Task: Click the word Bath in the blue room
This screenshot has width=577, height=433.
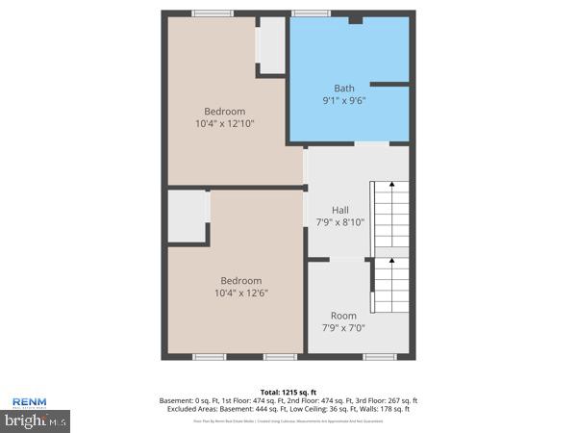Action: point(343,89)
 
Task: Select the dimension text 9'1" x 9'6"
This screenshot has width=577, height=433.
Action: point(343,100)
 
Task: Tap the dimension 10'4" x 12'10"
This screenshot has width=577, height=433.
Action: point(224,123)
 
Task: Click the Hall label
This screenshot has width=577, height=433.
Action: point(340,210)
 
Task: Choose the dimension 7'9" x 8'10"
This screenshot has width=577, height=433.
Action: point(340,222)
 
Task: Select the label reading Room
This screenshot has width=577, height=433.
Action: point(343,316)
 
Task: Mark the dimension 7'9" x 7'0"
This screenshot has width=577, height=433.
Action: point(343,328)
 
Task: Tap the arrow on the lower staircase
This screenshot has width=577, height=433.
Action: point(391,261)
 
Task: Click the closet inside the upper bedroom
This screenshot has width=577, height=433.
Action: point(272,45)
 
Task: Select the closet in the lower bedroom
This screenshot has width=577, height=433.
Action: point(188,216)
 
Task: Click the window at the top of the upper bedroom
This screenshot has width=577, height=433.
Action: point(212,13)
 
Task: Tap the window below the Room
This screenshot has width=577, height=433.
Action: point(379,357)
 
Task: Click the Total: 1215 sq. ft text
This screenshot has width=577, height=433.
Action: point(288,393)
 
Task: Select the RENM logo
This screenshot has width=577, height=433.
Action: point(30,403)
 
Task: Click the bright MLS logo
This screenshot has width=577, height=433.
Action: point(36,420)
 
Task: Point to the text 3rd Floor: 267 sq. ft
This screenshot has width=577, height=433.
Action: point(382,400)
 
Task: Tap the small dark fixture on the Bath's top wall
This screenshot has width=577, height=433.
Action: point(355,19)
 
